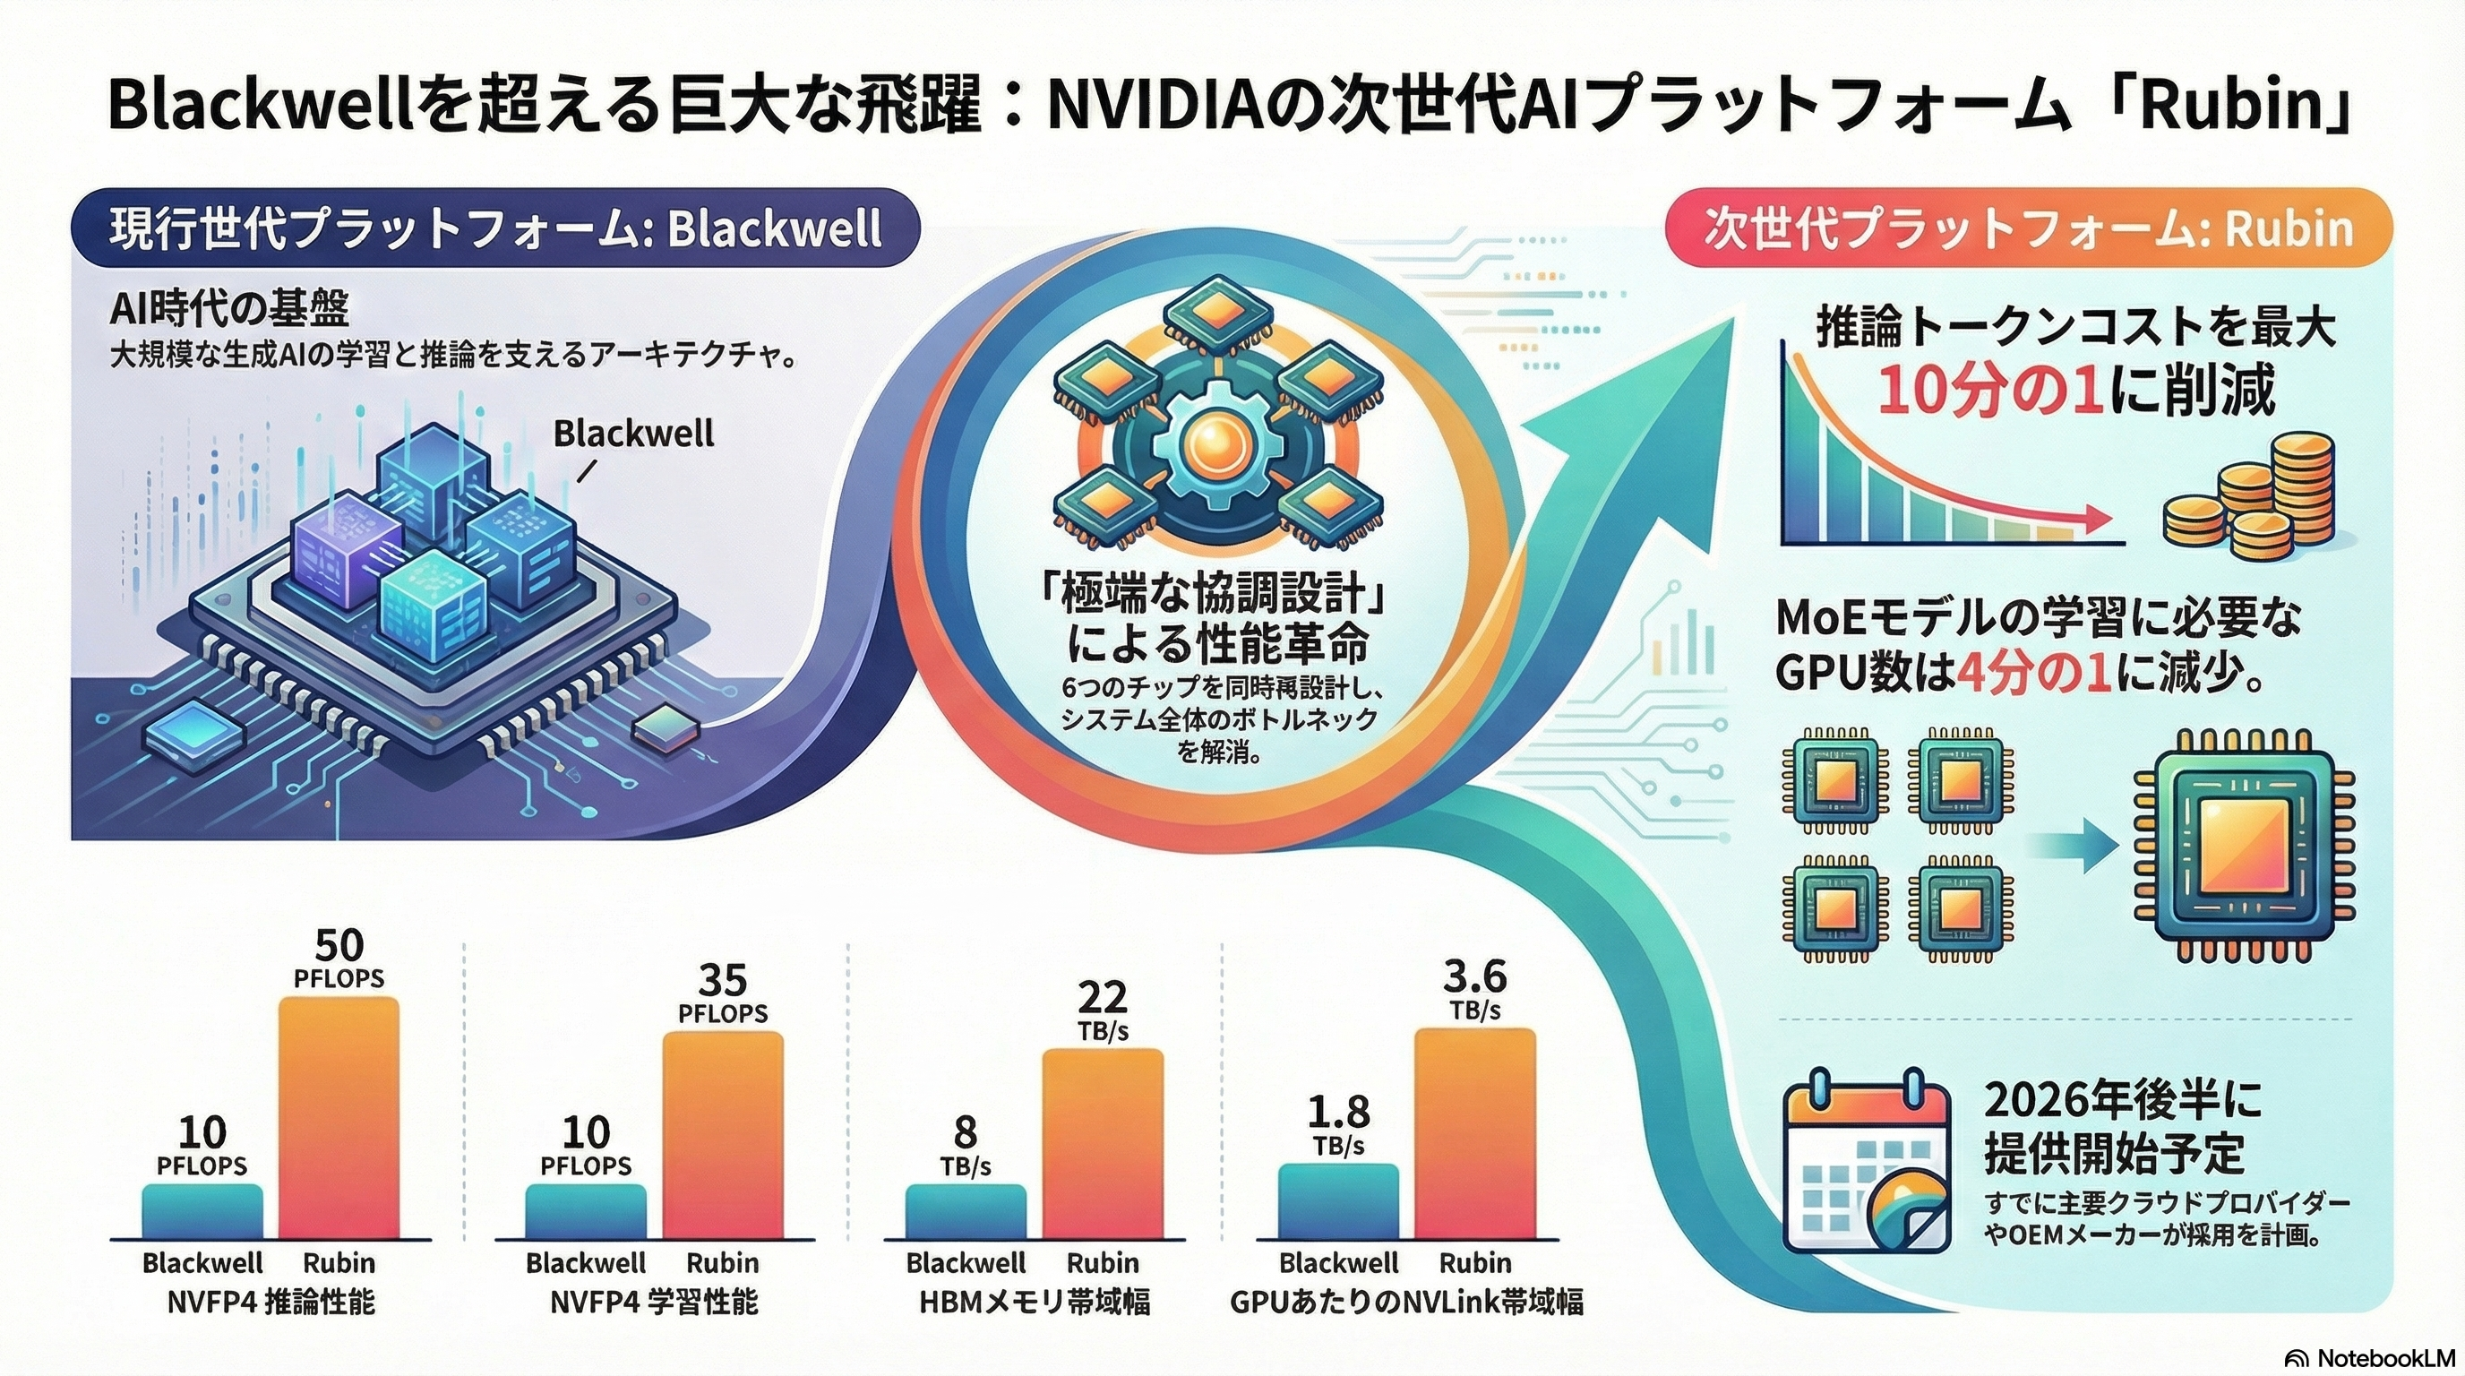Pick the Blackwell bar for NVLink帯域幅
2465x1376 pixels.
(x=1338, y=1201)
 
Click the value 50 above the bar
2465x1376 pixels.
(x=339, y=945)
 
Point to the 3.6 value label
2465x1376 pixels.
(x=1473, y=977)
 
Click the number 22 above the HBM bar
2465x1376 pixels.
(x=1103, y=998)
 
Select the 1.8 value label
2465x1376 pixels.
(x=1338, y=1112)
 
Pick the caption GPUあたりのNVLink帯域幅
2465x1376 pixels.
(x=1405, y=1303)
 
